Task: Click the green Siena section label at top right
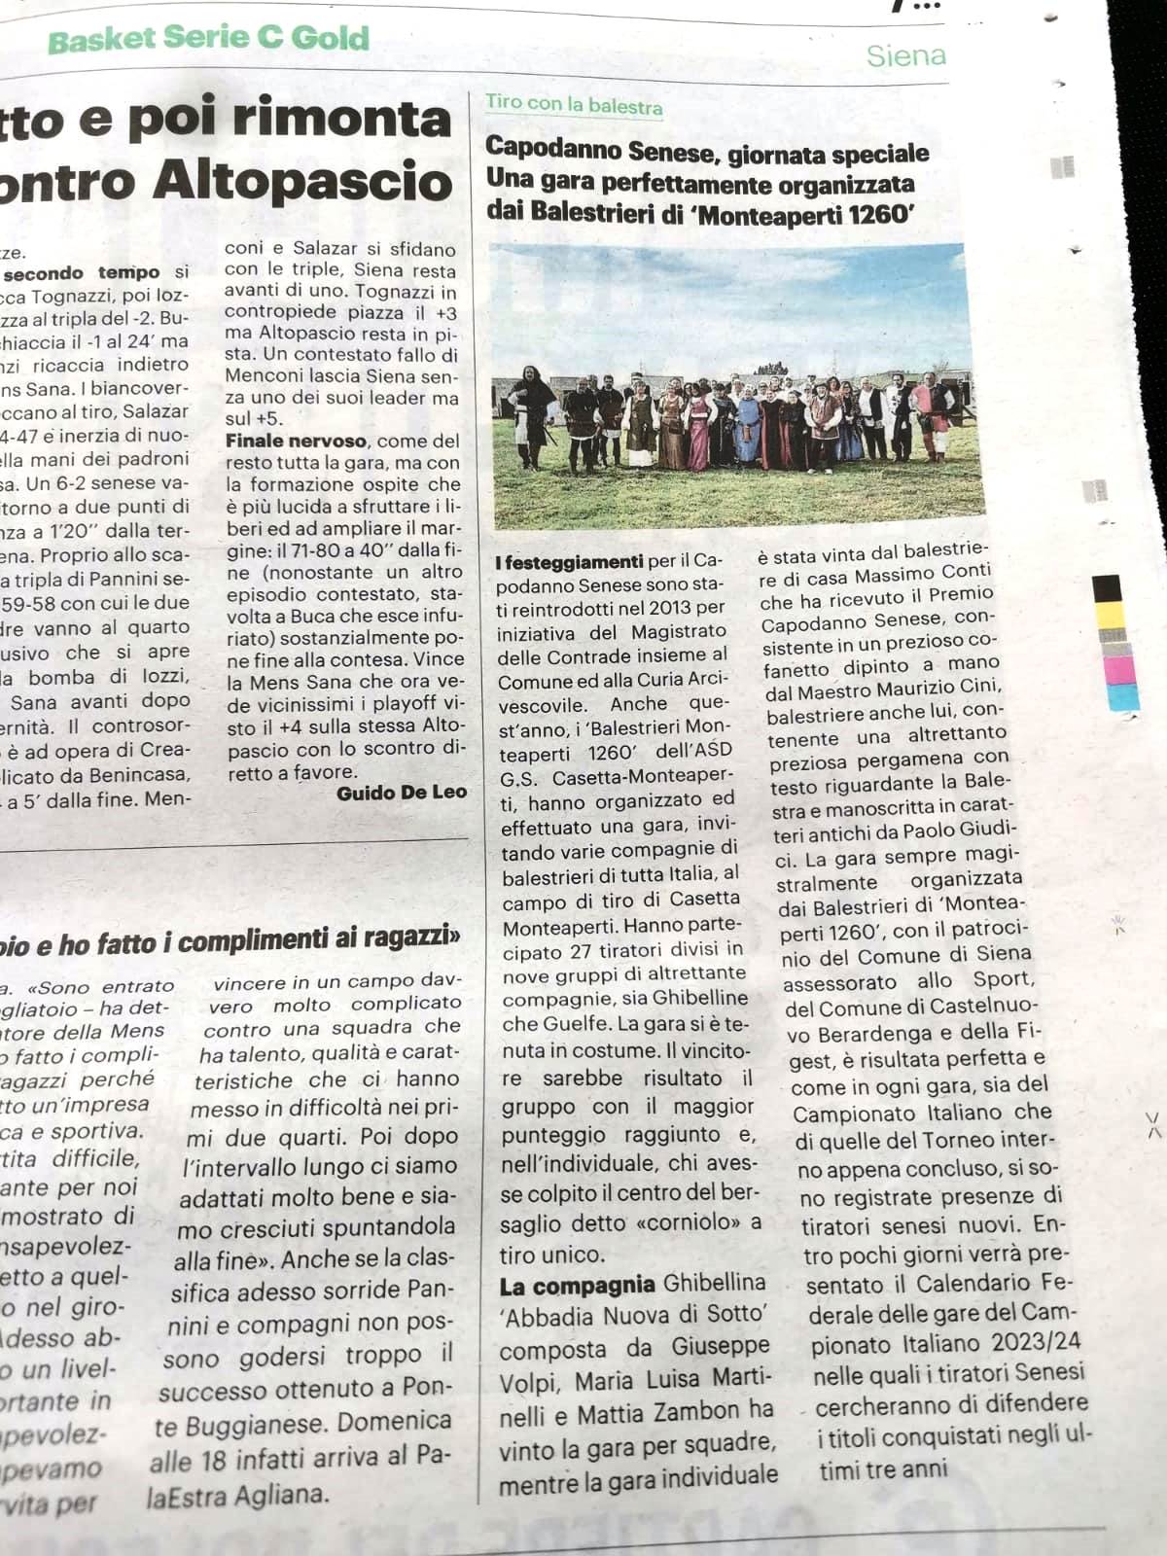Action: point(905,55)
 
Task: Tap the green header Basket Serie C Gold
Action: point(208,40)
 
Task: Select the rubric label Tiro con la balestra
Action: point(574,105)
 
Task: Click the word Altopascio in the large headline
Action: point(303,183)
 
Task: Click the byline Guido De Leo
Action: point(402,794)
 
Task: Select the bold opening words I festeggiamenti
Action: point(568,562)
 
